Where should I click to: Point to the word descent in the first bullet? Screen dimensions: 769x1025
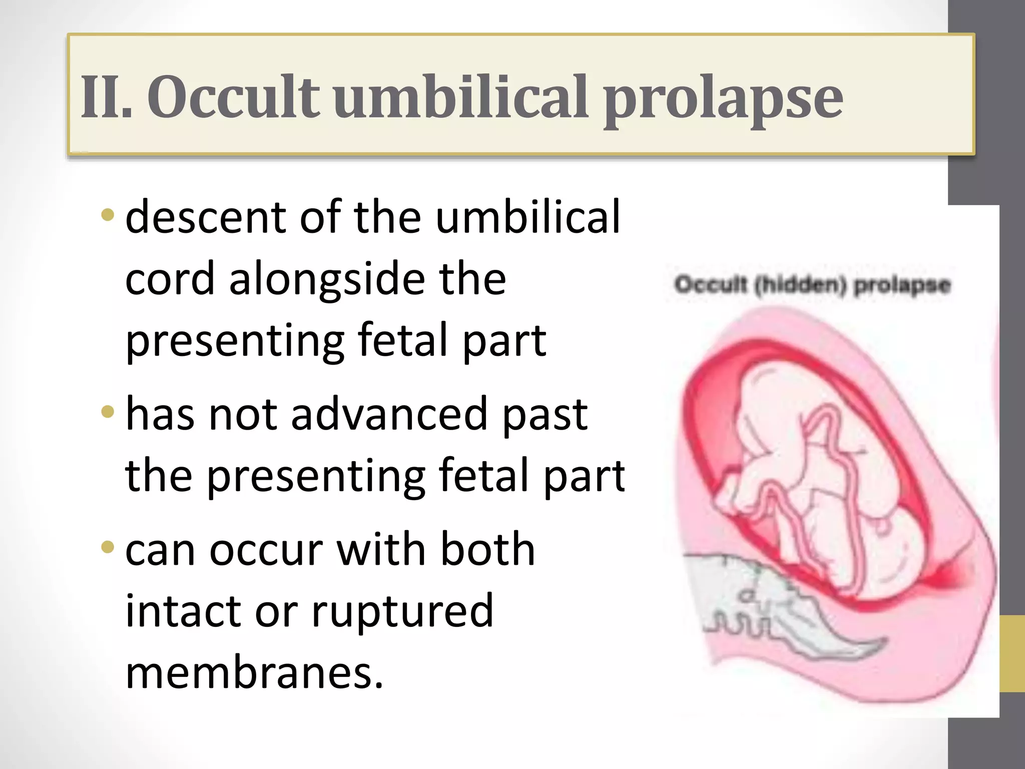206,217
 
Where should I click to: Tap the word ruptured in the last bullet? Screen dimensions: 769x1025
402,610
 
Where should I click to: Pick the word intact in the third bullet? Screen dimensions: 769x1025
183,610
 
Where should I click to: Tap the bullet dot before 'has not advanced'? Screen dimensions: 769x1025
107,412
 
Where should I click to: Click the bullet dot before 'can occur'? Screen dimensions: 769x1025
107,547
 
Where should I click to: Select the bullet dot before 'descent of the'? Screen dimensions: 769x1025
107,215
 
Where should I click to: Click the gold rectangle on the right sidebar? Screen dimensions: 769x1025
1012,654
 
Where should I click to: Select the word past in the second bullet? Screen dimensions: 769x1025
545,415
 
